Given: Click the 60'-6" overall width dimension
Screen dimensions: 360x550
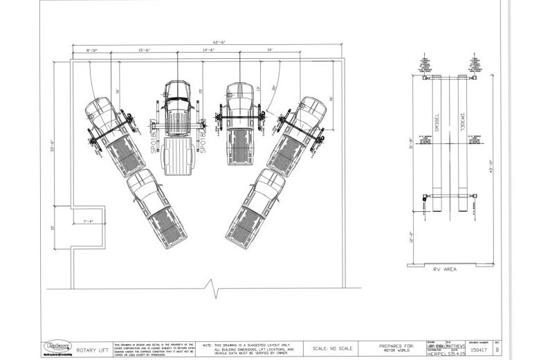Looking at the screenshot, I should pyautogui.click(x=208, y=42).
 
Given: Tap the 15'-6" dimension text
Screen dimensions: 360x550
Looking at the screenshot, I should pyautogui.click(x=145, y=51).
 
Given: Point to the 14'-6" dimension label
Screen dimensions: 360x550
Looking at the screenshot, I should pyautogui.click(x=209, y=51).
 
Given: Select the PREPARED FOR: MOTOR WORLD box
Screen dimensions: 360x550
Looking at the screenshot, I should pyautogui.click(x=396, y=348).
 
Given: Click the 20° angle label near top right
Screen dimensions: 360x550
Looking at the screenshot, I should pyautogui.click(x=275, y=87).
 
